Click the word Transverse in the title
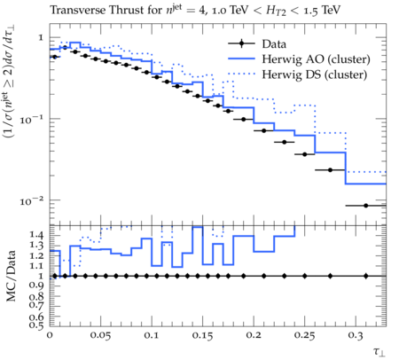(x=78, y=10)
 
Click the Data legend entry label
(x=274, y=44)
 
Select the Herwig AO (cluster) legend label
(x=316, y=59)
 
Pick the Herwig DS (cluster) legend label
(x=315, y=74)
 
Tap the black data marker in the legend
(x=241, y=43)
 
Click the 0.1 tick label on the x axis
(x=152, y=336)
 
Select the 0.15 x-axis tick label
(x=203, y=336)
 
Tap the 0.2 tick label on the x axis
(x=254, y=336)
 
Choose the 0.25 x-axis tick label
(x=305, y=336)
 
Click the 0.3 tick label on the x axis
(x=356, y=336)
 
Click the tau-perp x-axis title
(x=379, y=352)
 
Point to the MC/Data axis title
(x=11, y=276)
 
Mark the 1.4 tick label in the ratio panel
(x=36, y=236)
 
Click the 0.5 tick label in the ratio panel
(x=36, y=325)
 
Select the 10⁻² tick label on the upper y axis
(x=32, y=201)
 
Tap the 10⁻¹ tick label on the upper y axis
(x=32, y=120)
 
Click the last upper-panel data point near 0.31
(x=366, y=206)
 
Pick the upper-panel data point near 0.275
(x=331, y=170)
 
